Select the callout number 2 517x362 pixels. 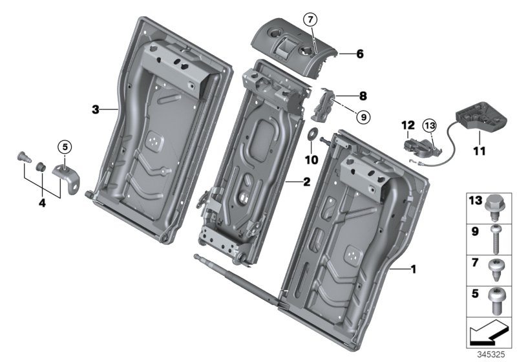pos(306,181)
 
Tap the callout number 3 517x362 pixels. pos(96,110)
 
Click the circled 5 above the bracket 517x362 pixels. pos(65,146)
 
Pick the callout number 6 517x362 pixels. pos(359,54)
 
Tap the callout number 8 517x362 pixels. pos(363,96)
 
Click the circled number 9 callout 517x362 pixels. pos(362,117)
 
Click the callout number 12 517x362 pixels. pos(406,123)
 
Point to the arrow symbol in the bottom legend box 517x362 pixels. pos(487,332)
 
